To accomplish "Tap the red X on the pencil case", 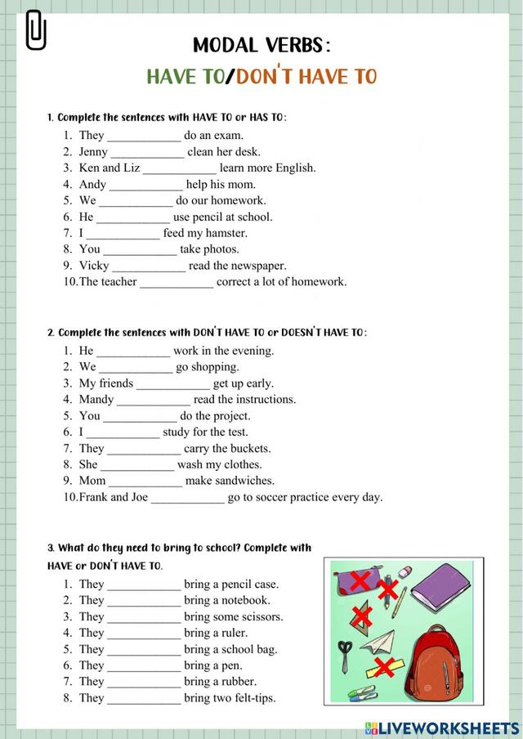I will click(357, 582).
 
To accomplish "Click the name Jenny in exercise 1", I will click(93, 152).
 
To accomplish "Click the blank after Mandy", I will click(154, 400).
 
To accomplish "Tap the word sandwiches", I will click(245, 481).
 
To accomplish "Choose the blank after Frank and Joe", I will click(187, 497).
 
